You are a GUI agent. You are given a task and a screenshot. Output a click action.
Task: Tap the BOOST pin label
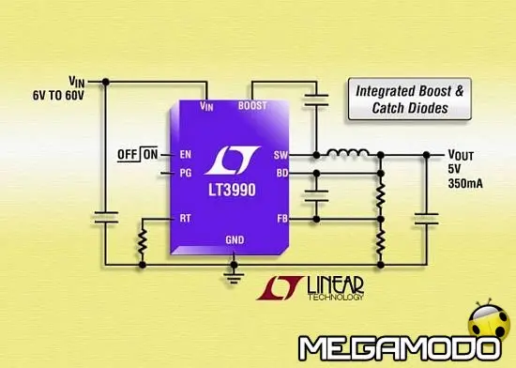[256, 106]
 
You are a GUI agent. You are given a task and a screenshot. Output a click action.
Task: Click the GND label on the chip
[235, 240]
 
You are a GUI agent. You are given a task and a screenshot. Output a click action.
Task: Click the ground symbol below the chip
[229, 275]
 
